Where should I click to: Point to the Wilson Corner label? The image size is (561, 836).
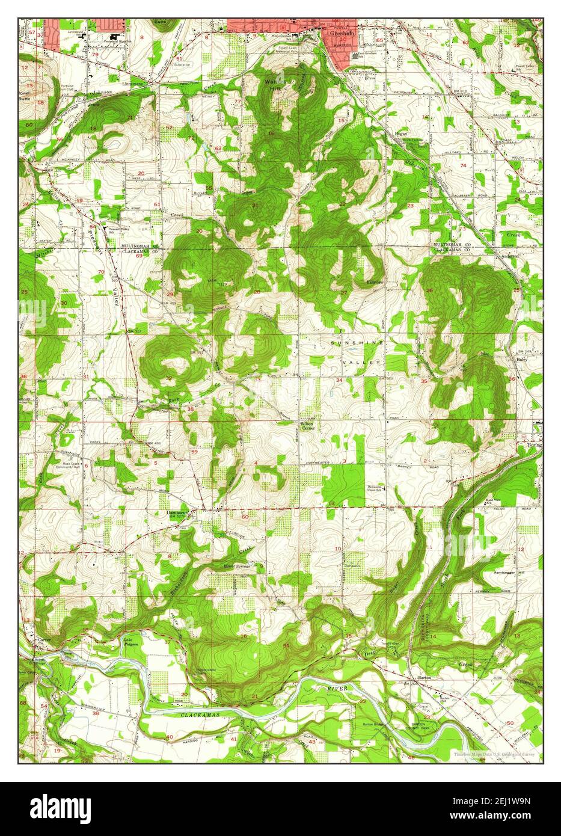307,426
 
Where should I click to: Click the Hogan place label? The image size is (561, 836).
402,134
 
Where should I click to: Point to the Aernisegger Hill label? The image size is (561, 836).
510,571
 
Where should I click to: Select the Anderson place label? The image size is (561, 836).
510,255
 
